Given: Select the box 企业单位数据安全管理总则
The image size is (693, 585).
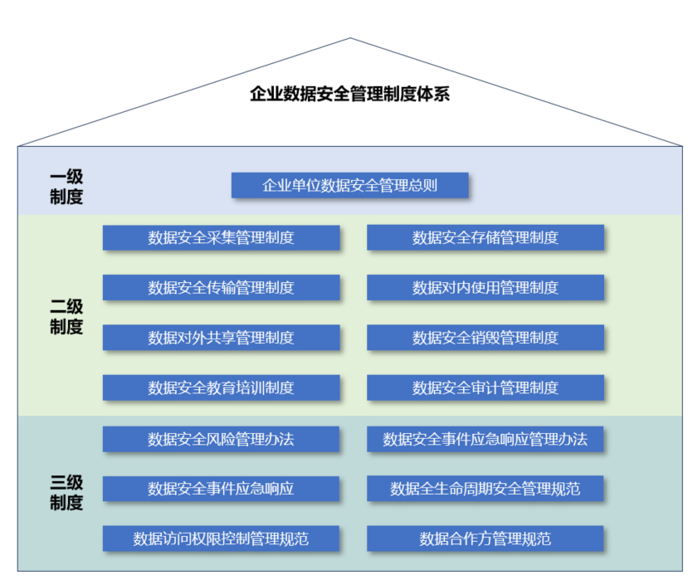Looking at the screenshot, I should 349,185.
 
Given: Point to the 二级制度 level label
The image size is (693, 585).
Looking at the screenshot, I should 66,317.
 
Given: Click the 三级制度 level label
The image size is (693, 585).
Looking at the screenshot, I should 66,492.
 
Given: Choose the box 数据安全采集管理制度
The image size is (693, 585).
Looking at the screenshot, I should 221,238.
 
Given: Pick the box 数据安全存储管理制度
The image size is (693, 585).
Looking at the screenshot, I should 486,238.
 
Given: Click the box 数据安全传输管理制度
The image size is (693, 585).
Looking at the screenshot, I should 221,288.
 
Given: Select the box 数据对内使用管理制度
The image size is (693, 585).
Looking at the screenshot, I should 486,288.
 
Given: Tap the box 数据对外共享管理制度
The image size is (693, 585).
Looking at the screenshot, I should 221,338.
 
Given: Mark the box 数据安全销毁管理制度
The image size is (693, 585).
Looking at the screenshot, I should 486,338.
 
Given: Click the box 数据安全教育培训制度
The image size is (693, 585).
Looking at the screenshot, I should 221,388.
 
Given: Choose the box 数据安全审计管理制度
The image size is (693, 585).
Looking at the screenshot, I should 486,388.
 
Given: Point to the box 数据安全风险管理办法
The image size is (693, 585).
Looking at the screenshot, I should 221,439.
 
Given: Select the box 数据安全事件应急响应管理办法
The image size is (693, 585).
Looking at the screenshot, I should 486,439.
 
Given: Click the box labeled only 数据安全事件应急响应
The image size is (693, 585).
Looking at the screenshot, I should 221,489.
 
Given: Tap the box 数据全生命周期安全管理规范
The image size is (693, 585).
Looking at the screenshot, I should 486,489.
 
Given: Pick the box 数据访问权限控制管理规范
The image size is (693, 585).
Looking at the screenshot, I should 221,539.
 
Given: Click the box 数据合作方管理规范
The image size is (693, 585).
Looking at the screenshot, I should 486,539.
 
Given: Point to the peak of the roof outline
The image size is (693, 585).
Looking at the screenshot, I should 349,38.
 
